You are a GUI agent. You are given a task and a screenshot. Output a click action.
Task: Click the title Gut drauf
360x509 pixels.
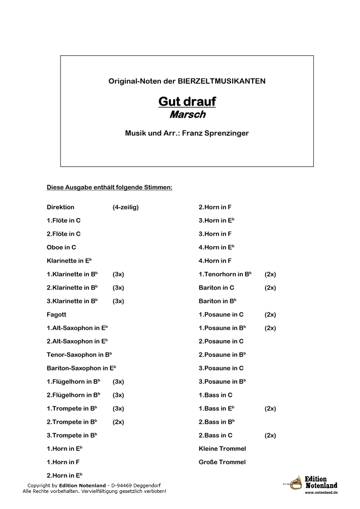coord(187,102)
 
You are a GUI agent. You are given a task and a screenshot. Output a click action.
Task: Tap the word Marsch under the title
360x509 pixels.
coord(187,115)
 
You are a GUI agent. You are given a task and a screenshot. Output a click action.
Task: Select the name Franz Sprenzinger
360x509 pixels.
coord(215,133)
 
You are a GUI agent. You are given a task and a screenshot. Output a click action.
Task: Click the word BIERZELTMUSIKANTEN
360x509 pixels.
coord(222,81)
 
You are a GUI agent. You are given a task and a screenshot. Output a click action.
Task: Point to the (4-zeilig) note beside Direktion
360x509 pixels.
coord(125,207)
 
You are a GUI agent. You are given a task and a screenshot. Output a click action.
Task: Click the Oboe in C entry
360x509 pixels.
coord(61,247)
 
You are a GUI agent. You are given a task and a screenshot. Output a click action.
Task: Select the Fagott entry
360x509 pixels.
coord(57,314)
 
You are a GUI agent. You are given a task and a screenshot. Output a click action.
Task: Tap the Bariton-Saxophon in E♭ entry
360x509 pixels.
coord(81,368)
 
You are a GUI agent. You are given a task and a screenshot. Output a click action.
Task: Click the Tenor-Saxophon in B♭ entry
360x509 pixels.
coord(80,354)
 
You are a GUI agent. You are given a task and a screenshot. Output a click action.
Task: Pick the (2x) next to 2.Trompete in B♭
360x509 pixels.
coord(118,422)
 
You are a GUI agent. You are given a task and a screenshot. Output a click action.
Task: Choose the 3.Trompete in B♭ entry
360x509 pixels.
coord(72,435)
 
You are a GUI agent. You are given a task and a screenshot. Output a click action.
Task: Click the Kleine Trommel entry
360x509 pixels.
coord(222,448)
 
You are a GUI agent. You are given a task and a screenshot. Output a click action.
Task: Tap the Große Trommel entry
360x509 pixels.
coord(222,462)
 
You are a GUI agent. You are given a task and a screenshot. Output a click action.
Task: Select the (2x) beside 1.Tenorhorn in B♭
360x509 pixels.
coord(270,274)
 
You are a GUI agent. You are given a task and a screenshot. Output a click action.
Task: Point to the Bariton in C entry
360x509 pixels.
coord(216,288)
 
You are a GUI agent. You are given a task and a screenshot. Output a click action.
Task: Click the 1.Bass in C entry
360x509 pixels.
coord(215,395)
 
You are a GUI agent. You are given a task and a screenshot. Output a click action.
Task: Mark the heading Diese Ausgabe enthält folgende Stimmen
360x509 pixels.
coord(110,188)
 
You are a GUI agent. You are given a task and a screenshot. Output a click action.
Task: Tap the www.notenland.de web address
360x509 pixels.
coord(321,492)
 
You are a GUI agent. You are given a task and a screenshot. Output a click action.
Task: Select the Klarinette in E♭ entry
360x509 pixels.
coord(69,261)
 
